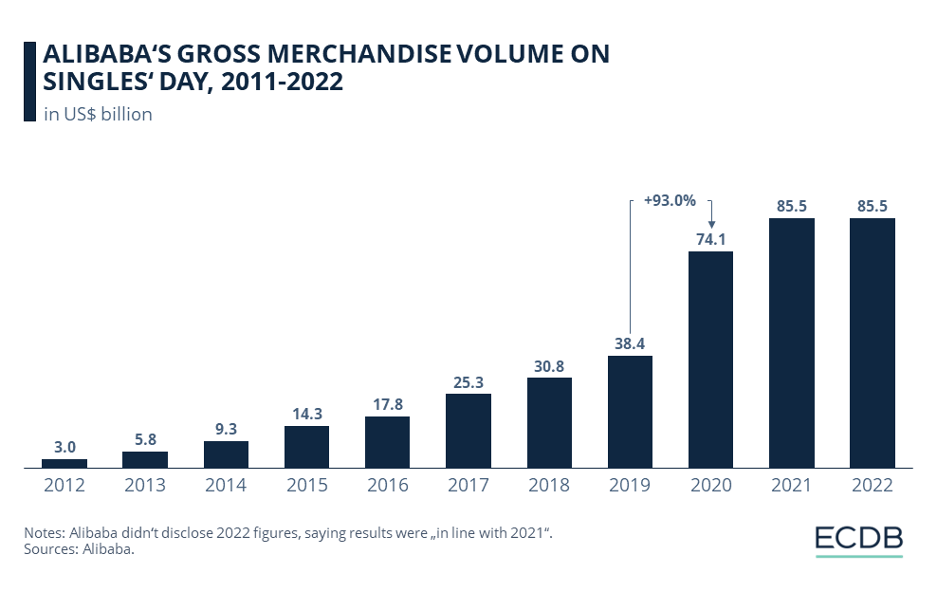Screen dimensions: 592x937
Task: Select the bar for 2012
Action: [x=64, y=463]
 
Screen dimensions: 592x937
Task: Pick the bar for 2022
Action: [x=872, y=342]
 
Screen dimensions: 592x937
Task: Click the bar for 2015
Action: [x=306, y=446]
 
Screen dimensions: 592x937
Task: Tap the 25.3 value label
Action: [x=468, y=382]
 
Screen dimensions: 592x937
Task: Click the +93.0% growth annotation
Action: [x=670, y=200]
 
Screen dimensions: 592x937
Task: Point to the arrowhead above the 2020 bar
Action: [x=710, y=224]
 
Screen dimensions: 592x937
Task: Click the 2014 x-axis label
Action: [x=226, y=485]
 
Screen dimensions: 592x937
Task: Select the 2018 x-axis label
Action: [x=549, y=485]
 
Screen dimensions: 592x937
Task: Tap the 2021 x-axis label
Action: [x=791, y=485]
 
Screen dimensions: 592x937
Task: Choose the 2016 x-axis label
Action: [x=387, y=485]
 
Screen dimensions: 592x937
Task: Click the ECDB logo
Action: [x=858, y=539]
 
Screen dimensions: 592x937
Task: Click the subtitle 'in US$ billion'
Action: [x=99, y=115]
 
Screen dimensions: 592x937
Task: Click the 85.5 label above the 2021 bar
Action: [x=791, y=207]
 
